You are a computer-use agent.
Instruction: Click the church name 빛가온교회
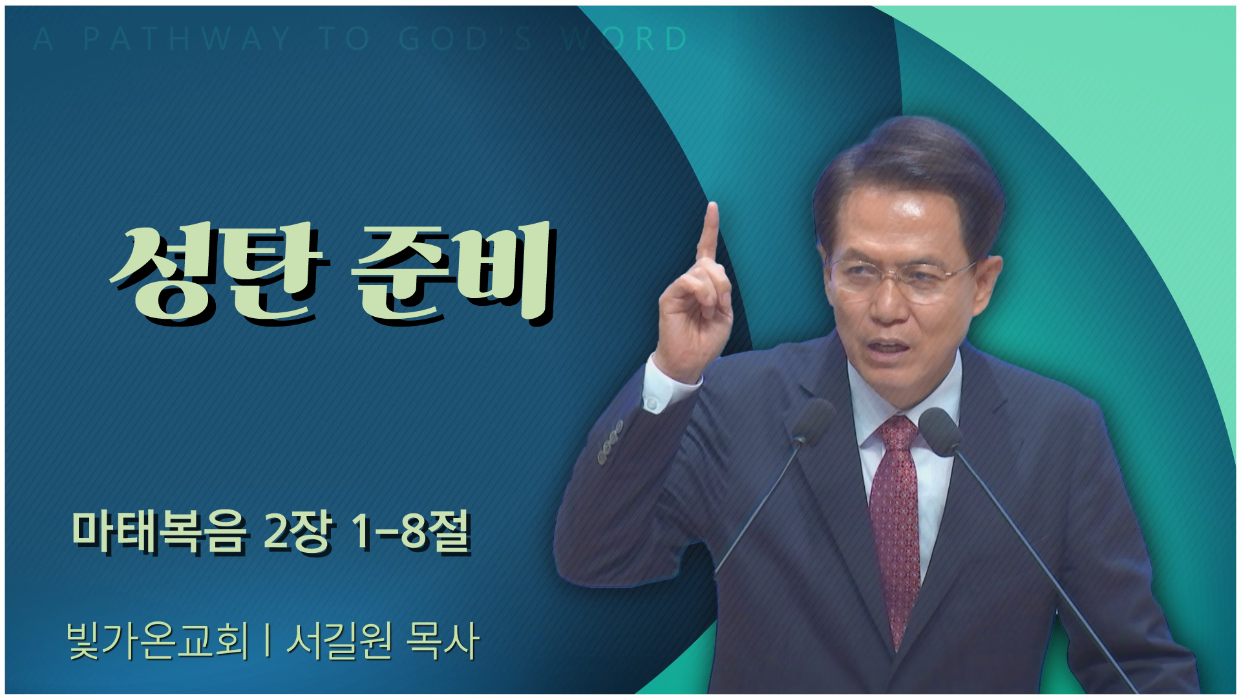pos(158,641)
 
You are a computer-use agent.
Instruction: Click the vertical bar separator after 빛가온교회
pos(268,640)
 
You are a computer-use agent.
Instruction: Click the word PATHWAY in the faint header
pos(187,39)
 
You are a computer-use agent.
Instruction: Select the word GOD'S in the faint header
pos(465,39)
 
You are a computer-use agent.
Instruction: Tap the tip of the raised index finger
pos(712,206)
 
